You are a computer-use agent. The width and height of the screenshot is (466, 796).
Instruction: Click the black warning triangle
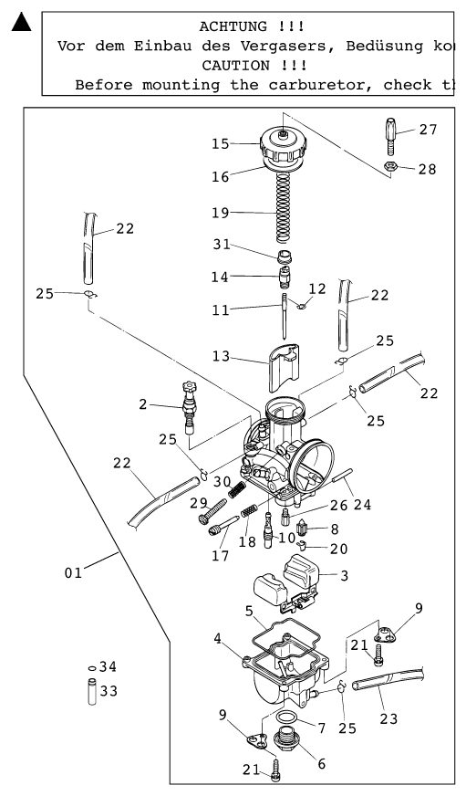(21, 22)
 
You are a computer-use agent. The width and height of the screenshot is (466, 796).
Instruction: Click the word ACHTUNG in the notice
(233, 26)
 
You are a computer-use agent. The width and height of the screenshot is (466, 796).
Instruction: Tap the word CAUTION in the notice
(236, 66)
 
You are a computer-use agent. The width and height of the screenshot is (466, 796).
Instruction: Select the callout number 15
(221, 143)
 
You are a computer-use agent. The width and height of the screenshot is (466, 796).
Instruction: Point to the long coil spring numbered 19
(284, 207)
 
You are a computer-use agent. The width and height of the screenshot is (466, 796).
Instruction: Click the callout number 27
(428, 130)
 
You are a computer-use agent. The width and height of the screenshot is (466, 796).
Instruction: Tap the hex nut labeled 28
(390, 165)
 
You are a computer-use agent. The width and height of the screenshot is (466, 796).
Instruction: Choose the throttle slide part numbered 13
(284, 367)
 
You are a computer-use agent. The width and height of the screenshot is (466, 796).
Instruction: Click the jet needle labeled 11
(284, 315)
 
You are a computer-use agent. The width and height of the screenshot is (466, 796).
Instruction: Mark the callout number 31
(222, 244)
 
